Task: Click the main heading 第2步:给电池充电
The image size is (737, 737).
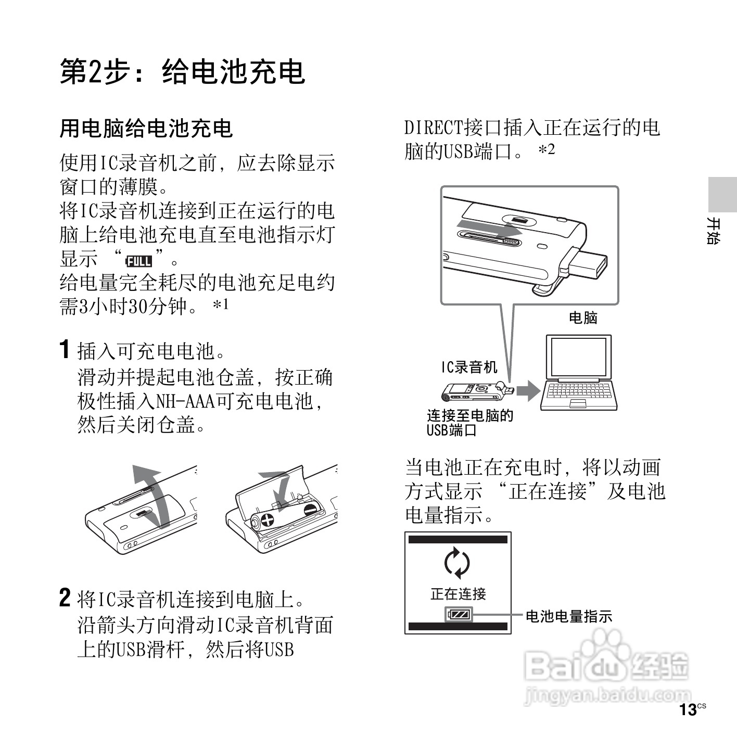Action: [x=182, y=71]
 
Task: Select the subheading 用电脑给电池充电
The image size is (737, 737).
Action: [x=146, y=129]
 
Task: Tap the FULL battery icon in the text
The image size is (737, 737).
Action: [x=139, y=260]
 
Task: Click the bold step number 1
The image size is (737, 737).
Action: [x=65, y=349]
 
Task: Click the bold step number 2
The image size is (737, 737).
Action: [x=65, y=598]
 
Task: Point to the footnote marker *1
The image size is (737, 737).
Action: [x=221, y=304]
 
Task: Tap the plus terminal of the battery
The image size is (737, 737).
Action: [x=267, y=520]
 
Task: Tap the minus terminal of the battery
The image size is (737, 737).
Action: [x=311, y=510]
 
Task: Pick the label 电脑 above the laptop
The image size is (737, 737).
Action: [x=583, y=317]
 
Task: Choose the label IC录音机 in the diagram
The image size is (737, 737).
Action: [x=469, y=367]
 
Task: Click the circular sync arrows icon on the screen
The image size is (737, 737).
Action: [x=458, y=563]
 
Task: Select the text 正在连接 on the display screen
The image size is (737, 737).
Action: [x=458, y=593]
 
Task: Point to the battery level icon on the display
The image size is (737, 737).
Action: [x=459, y=615]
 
